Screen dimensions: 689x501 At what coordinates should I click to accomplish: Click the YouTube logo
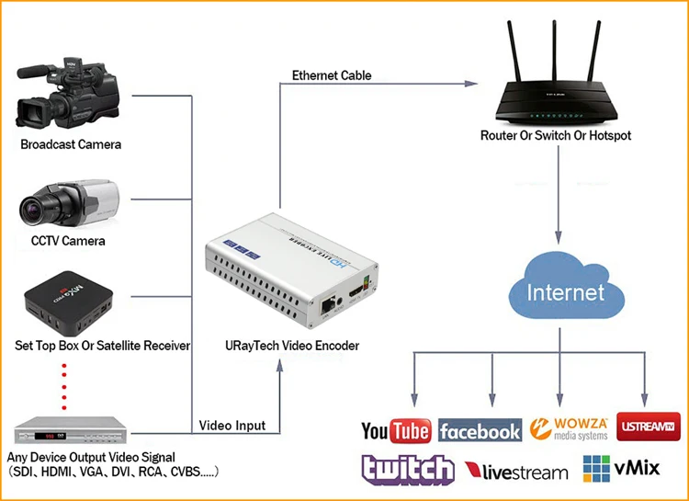click(396, 430)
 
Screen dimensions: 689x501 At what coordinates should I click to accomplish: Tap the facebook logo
click(480, 430)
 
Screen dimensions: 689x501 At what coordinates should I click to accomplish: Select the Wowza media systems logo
click(569, 429)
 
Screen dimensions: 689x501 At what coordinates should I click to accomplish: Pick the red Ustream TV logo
click(649, 427)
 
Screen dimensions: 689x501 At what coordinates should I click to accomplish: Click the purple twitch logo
click(408, 470)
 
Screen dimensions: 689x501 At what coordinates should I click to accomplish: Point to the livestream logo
click(516, 472)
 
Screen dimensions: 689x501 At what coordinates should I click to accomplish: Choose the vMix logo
click(621, 469)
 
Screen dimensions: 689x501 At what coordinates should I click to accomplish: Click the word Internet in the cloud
click(566, 293)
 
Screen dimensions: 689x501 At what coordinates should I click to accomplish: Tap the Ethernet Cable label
click(332, 75)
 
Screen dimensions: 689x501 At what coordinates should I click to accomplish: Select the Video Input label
click(232, 426)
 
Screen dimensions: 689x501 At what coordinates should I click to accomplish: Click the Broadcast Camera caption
click(71, 144)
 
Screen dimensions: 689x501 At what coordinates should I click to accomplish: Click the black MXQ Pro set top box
click(68, 302)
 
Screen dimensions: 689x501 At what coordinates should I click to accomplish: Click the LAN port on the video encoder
click(327, 304)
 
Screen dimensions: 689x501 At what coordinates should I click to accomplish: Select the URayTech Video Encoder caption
click(292, 346)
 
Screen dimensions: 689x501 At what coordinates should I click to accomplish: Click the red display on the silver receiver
click(44, 436)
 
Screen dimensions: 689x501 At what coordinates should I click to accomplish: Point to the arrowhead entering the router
click(471, 84)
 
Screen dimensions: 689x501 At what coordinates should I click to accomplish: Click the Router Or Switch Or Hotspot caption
click(556, 135)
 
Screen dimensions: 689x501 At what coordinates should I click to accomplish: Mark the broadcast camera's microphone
click(34, 72)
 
